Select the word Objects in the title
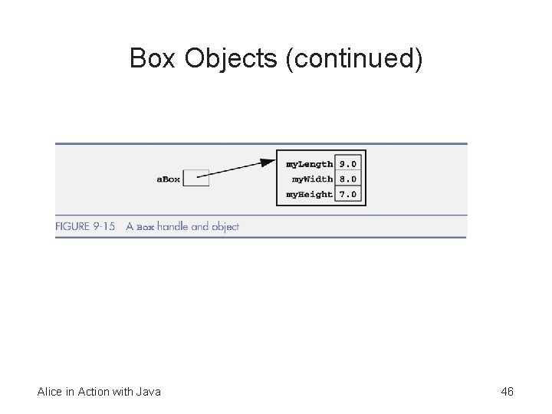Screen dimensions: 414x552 coord(230,58)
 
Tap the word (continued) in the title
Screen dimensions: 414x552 coord(353,58)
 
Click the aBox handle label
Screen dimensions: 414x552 coord(169,179)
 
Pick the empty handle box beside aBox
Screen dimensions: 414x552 coord(197,179)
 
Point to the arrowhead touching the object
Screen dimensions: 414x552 coord(268,163)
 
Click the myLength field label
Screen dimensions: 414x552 coord(309,164)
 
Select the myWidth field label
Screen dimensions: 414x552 coord(312,179)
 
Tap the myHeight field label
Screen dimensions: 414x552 coord(309,195)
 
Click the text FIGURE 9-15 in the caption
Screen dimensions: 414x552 coord(85,227)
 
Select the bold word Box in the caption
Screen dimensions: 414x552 coord(146,228)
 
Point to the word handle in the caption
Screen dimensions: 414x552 coord(173,227)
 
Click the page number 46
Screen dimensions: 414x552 coord(507,392)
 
